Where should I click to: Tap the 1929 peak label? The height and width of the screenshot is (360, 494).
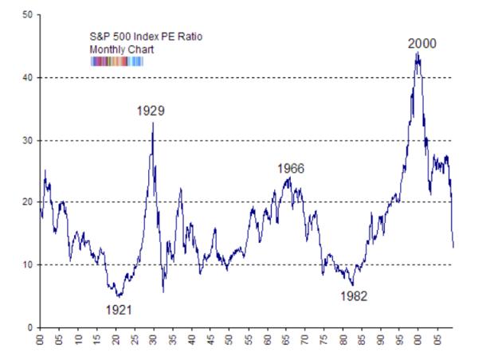point(151,111)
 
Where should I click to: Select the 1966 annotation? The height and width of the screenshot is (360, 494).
point(291,168)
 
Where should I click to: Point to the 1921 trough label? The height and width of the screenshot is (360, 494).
point(118,309)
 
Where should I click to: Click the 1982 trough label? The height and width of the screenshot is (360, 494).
point(354,295)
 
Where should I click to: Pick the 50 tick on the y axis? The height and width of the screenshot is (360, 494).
point(28,15)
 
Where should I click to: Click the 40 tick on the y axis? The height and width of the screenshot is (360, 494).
point(28,77)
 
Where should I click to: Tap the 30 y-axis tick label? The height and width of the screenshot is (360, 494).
point(28,140)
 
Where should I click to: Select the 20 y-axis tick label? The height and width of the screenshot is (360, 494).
point(28,202)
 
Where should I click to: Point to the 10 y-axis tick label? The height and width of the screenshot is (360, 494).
point(28,264)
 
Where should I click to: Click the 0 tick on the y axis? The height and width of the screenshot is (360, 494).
point(30,327)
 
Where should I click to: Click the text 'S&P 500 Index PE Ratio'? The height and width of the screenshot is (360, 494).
point(134,37)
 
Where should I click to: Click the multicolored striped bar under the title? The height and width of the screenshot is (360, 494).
point(116,60)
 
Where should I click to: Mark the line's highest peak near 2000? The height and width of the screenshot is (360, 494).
point(417,53)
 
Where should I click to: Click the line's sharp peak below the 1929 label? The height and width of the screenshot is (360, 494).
point(153,122)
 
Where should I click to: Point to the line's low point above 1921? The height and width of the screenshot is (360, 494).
point(118,295)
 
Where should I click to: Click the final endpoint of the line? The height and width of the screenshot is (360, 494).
point(453,247)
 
